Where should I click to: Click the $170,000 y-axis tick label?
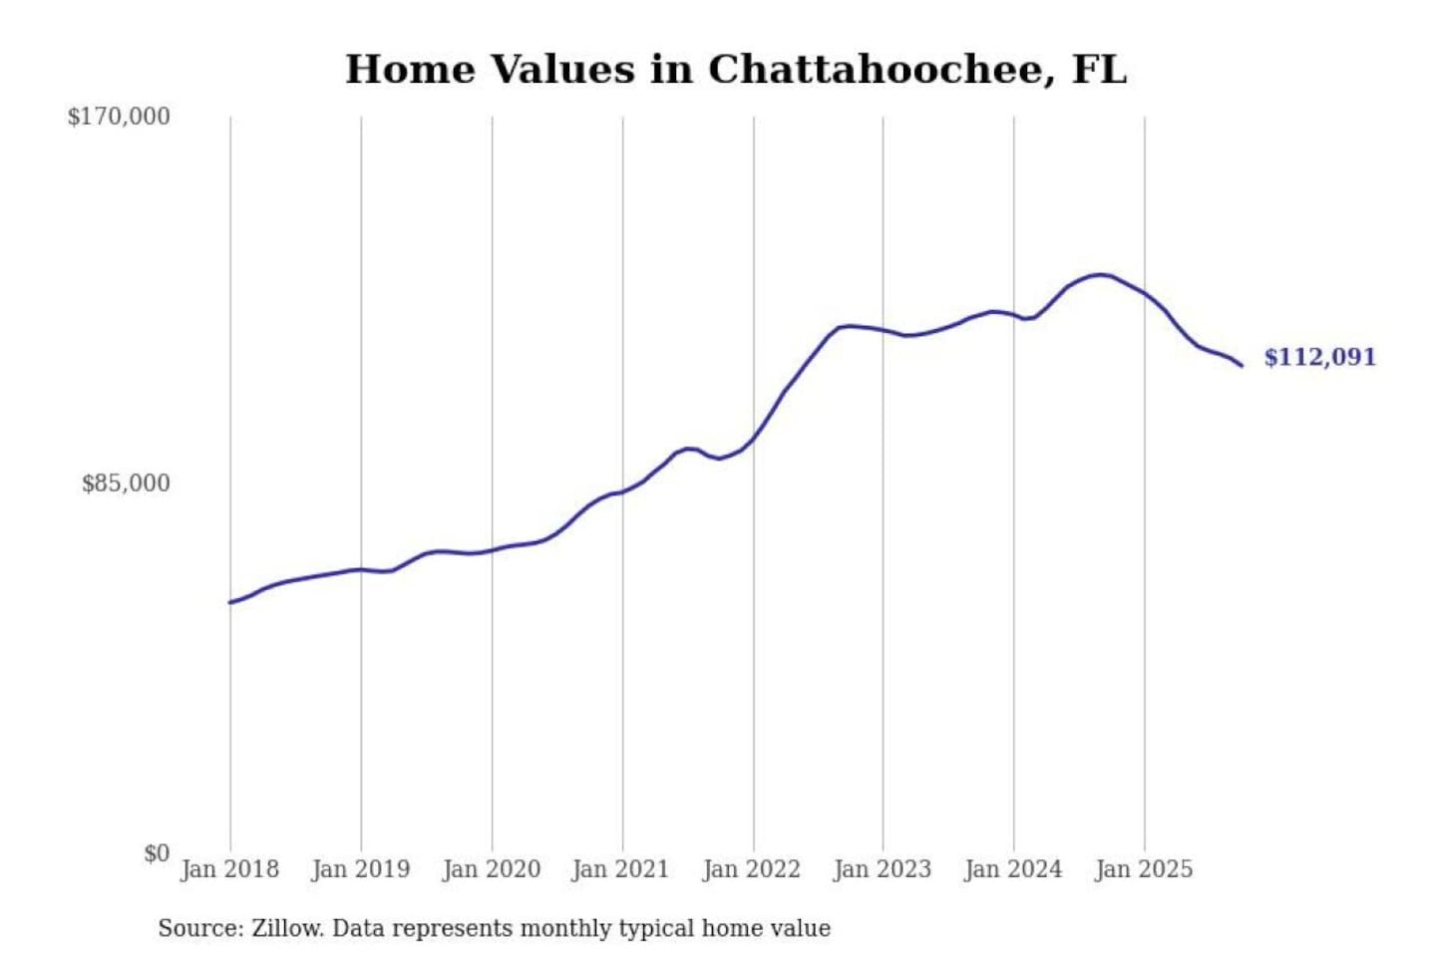[x=119, y=117]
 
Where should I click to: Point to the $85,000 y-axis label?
[x=126, y=483]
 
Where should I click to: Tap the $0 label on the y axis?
[x=157, y=853]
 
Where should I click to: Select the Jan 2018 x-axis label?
[x=229, y=869]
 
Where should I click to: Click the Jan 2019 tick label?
[x=360, y=869]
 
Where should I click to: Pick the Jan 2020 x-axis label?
[x=491, y=869]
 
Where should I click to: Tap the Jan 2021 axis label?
[x=620, y=869]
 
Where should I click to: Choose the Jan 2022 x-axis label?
[x=751, y=869]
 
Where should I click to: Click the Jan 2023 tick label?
[x=882, y=869]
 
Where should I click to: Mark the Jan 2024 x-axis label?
[x=1012, y=869]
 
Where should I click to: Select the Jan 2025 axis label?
[x=1143, y=869]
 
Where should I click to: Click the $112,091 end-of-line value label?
[x=1319, y=357]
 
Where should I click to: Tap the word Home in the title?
[x=410, y=70]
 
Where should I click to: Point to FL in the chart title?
[x=1099, y=70]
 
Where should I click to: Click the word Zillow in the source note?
[x=286, y=928]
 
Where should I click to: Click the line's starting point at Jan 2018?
[x=230, y=602]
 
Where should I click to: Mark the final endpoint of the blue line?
[x=1242, y=366]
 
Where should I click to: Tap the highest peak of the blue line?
[x=1099, y=274]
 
